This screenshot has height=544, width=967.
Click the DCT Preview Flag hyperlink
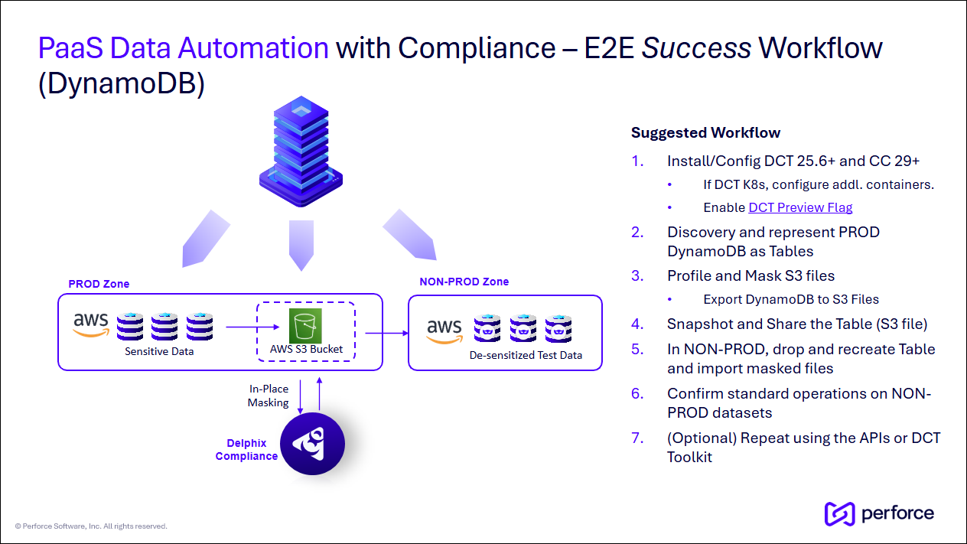point(800,207)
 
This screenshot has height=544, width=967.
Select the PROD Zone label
point(99,284)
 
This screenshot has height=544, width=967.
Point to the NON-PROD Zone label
point(464,282)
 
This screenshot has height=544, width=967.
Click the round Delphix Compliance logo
point(313,443)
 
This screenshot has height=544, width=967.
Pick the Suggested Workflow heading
point(705,132)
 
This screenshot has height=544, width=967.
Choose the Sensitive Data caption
point(159,351)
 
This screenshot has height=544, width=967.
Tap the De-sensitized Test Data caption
point(526,355)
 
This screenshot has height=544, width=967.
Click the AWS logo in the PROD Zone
point(91,324)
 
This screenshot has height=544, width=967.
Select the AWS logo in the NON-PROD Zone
point(444,331)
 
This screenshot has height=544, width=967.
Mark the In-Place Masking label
point(268,396)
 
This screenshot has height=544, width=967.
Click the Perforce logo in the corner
point(879,513)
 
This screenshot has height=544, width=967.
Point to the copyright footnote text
point(91,526)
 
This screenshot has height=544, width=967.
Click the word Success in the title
point(696,48)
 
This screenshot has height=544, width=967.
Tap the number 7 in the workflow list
point(637,438)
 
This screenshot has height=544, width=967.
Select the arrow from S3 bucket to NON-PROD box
point(386,333)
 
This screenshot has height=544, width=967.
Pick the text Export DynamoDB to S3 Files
point(791,299)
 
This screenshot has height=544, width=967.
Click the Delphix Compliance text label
point(246,450)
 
